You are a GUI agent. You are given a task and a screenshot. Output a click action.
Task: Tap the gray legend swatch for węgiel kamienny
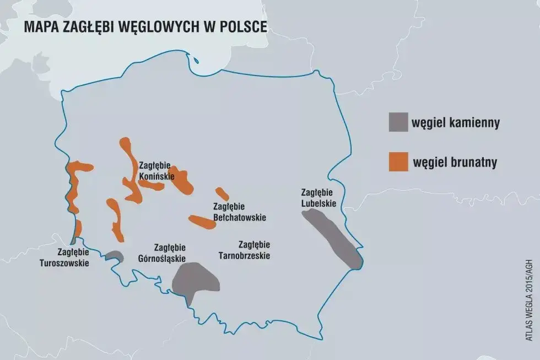tap(398, 122)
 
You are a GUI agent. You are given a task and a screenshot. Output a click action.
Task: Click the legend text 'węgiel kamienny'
tap(456, 122)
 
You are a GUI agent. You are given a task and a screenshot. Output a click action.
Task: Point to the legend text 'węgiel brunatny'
tap(455, 162)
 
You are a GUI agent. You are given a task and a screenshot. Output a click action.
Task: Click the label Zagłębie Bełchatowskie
tap(239, 212)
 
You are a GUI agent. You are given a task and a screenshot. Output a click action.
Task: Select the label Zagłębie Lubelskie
tap(318, 197)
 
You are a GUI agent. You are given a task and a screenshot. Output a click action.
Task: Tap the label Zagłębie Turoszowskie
tap(64, 257)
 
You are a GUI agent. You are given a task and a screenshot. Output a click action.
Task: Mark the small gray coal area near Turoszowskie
tap(114, 255)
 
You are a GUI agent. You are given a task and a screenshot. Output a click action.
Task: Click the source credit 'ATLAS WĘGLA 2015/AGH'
tap(530, 292)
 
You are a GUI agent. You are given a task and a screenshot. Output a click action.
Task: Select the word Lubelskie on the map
tap(318, 202)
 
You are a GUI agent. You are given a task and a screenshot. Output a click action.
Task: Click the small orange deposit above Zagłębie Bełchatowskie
tap(222, 194)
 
